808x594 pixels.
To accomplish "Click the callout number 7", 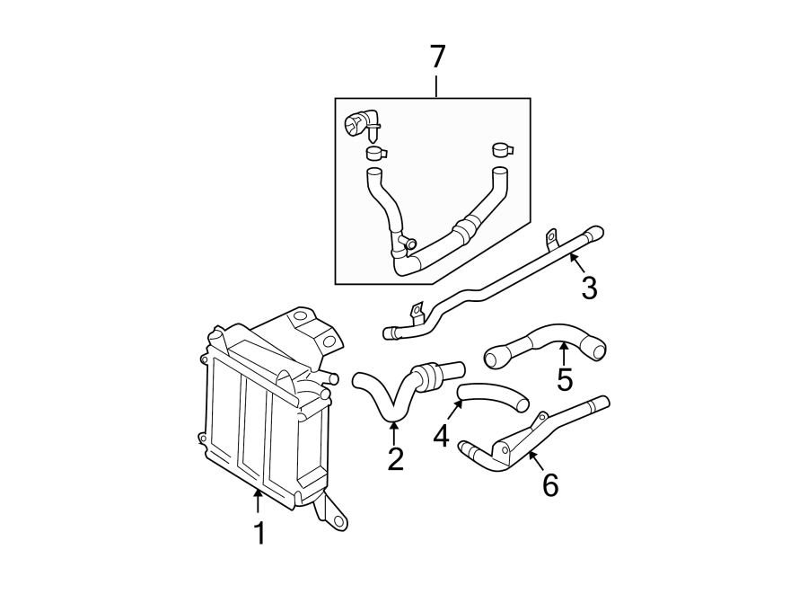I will click(437, 57).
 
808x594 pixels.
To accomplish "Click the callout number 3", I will click(589, 288).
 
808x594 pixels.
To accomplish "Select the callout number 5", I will click(564, 379).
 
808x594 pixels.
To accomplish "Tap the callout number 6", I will click(549, 485).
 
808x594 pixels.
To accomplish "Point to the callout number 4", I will click(440, 437).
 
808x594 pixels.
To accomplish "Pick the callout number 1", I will click(259, 534).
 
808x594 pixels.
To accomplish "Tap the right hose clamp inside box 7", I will click(501, 149).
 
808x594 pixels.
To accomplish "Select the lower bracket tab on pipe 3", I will click(416, 312).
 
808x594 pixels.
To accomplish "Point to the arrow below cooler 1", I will click(258, 499).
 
